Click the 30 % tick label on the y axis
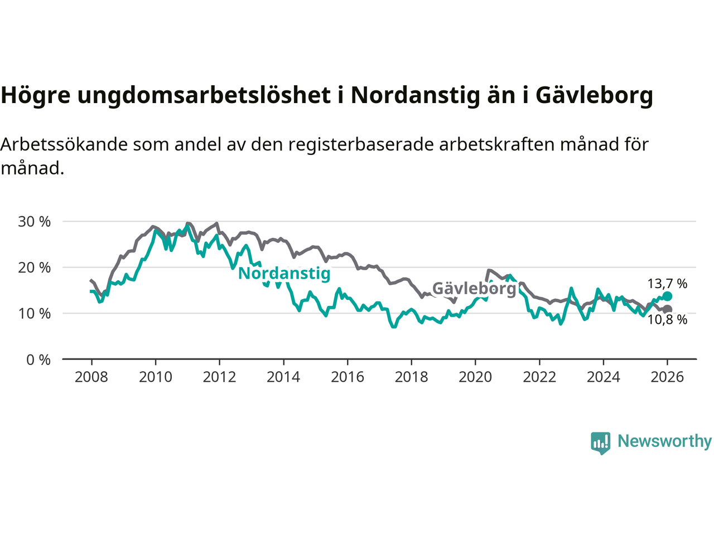coord(35,222)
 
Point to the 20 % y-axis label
coord(35,267)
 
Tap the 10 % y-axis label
coord(35,314)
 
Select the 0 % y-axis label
coord(38,360)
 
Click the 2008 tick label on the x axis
coord(91,377)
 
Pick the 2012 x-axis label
coord(219,377)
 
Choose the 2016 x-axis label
coord(348,377)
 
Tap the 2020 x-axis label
coord(475,377)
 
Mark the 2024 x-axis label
coord(603,377)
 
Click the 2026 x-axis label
coord(667,377)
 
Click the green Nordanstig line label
coord(284,274)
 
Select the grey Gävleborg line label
coord(475,288)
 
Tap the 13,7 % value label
coord(667,284)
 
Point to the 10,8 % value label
coord(667,320)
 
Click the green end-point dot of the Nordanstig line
coord(667,296)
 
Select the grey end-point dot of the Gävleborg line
coord(667,309)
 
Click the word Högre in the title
coord(36,95)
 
